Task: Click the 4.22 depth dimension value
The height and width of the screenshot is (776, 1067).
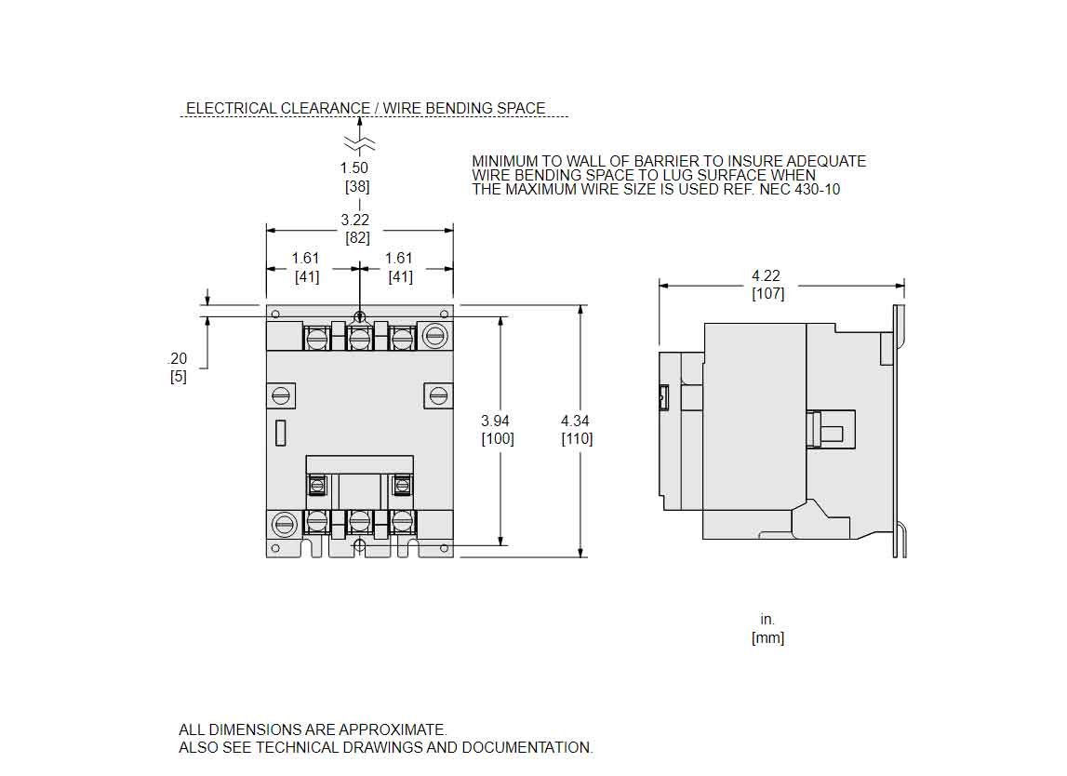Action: coord(766,275)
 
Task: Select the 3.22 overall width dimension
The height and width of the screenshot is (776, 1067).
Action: coord(355,220)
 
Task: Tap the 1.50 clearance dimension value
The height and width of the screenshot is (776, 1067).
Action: coord(353,168)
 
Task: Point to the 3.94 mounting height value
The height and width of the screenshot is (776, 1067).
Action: coord(496,421)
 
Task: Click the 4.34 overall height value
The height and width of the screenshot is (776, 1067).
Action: coord(575,421)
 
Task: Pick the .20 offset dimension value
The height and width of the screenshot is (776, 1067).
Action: coord(177,359)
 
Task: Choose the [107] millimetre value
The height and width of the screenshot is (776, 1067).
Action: coord(768,294)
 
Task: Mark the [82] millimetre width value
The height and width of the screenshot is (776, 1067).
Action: coord(358,238)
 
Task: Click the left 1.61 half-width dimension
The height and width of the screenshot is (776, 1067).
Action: coord(305,258)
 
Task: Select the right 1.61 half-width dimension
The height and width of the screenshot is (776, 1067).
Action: coord(399,258)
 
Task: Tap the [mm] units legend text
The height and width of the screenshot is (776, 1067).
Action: coord(768,637)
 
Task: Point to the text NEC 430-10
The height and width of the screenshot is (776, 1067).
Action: coord(800,189)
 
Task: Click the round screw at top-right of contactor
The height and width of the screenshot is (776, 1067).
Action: coord(434,335)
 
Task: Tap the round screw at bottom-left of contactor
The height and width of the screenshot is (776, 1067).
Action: coord(285,524)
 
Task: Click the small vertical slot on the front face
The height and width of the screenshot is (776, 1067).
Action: coord(280,434)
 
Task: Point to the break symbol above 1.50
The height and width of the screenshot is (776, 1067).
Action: coord(359,143)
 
